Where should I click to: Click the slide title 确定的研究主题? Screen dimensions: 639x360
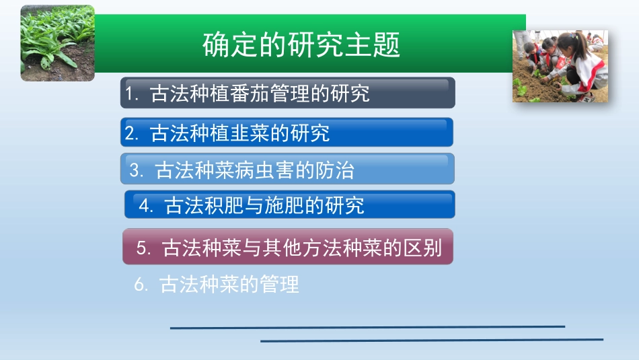(x=301, y=44)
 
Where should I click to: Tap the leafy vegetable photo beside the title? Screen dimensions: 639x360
(x=57, y=43)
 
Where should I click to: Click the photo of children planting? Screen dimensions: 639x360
(x=560, y=66)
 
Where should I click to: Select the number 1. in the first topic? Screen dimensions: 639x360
(x=133, y=94)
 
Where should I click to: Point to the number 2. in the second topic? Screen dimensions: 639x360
(x=132, y=133)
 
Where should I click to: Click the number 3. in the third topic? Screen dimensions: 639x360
(x=137, y=170)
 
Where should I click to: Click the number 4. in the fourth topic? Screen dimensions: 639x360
(x=146, y=205)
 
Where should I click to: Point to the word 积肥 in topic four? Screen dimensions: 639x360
(x=223, y=205)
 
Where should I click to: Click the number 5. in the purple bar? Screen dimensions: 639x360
(x=144, y=248)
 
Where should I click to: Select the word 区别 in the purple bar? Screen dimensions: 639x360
(x=422, y=248)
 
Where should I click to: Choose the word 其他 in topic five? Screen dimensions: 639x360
(x=282, y=248)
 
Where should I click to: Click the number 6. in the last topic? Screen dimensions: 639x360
(x=141, y=284)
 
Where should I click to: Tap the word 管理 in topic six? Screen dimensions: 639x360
(x=280, y=284)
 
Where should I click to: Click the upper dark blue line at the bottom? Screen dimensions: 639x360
(x=367, y=327)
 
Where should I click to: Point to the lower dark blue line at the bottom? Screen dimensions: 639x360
(x=432, y=340)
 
